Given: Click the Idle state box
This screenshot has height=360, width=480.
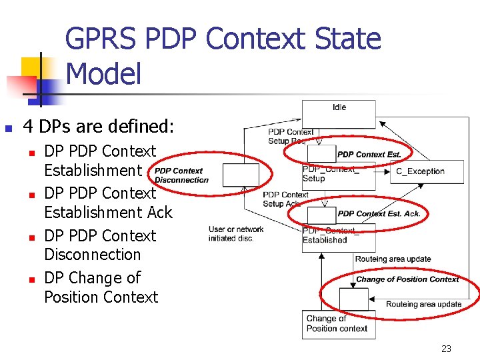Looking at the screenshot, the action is coord(339,114).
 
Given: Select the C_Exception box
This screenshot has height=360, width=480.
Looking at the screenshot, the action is coord(420,171).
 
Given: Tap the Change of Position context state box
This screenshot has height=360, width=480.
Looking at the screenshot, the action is coord(339,325).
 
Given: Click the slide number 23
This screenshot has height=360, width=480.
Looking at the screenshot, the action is coord(447,349).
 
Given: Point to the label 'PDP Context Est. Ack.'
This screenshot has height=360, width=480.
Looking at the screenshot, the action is coord(379,214).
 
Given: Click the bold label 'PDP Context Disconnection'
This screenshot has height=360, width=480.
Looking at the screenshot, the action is coord(181,175).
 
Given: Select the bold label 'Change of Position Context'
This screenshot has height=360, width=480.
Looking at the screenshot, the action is coord(407,279).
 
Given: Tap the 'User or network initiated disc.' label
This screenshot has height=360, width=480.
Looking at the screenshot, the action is coord(236,234).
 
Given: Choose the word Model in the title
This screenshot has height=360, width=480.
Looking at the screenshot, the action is coord(104,73).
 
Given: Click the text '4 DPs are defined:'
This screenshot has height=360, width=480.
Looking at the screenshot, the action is coord(99,126).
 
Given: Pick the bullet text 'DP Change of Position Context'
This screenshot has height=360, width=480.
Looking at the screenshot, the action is coord(101,287).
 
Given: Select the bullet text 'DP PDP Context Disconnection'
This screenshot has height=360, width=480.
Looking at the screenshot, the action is coord(100,245).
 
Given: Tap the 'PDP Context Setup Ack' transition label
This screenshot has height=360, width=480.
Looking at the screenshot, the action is coord(285,199).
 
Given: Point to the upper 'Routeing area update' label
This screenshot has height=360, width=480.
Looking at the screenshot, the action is coord(393,259).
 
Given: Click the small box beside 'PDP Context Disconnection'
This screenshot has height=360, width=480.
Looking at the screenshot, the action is coord(240,175).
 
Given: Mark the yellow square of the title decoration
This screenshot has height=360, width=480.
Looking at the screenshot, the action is coord(32,67).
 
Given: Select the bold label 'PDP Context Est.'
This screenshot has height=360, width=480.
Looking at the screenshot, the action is coord(369,155).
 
